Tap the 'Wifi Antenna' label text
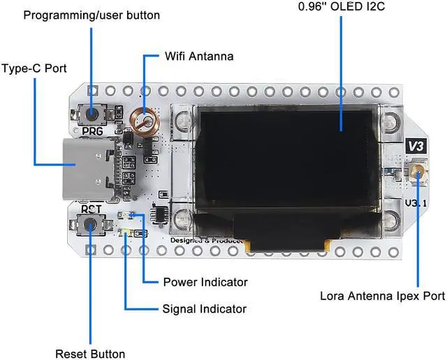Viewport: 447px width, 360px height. (199, 55)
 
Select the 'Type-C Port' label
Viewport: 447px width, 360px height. (34, 69)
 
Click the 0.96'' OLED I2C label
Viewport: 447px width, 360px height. (342, 8)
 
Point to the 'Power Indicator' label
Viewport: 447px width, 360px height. (205, 283)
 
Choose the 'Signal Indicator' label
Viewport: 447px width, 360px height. (204, 308)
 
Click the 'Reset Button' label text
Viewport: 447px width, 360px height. (90, 354)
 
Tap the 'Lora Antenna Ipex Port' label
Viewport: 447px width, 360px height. (382, 296)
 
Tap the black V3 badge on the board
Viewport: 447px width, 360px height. (416, 146)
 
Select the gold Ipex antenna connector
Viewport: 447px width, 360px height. (418, 170)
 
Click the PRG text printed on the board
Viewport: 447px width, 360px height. (91, 131)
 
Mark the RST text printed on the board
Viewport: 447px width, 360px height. (91, 208)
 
